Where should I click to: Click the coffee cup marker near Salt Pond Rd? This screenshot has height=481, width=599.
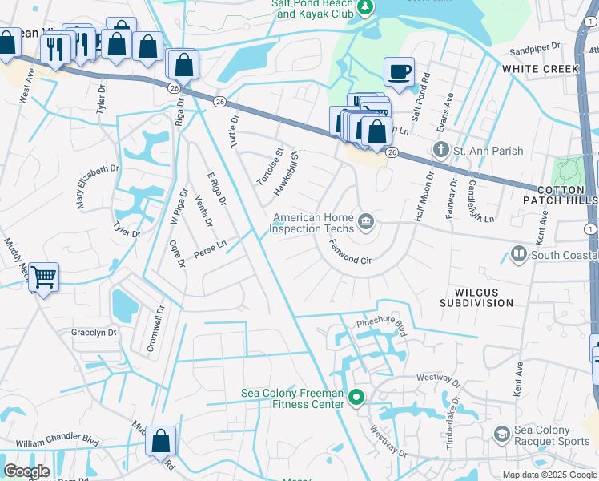398,73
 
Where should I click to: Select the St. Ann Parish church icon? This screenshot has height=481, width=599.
440,150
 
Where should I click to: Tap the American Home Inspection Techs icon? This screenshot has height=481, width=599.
366,222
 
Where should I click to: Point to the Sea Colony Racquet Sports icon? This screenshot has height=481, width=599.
501,434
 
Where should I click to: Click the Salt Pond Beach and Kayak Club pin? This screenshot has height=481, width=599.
365,8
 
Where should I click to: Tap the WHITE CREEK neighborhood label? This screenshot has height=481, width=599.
541,69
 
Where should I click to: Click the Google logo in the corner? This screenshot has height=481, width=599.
26,471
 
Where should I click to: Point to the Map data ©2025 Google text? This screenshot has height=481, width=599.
549,475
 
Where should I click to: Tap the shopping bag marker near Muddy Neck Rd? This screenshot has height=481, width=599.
160,441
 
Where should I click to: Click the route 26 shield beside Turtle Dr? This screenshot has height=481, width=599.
219,101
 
